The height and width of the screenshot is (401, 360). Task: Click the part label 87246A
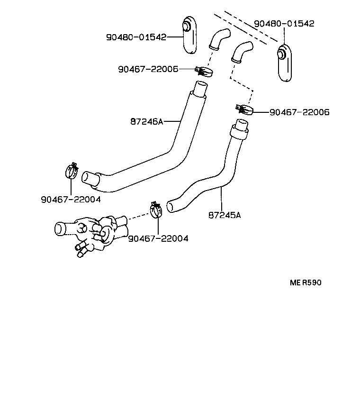(146, 122)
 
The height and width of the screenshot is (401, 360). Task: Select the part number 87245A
(224, 215)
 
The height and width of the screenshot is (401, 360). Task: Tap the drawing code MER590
(306, 283)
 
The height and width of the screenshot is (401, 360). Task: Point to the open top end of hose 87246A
(200, 88)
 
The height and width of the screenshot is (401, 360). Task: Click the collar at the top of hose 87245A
(240, 130)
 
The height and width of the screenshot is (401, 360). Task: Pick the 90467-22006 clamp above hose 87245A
(244, 110)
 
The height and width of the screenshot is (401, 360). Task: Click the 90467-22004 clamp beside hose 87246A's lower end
(71, 171)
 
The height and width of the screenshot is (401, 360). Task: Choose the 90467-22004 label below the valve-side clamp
(158, 238)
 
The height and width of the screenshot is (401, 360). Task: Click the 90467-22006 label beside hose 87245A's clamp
(299, 112)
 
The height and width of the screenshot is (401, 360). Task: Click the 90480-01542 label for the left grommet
(136, 37)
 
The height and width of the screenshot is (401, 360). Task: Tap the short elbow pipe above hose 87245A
(242, 51)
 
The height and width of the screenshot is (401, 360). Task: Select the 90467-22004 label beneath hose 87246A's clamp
(71, 200)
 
